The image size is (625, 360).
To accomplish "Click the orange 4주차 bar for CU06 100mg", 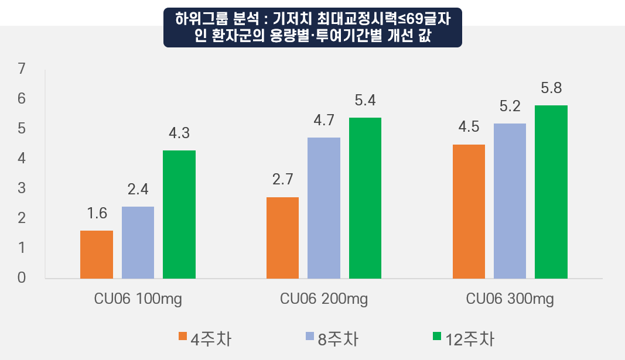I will pyautogui.click(x=96, y=255).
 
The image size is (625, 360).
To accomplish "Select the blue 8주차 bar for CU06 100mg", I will pyautogui.click(x=138, y=242).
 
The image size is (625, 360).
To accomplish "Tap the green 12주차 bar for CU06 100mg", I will pyautogui.click(x=179, y=214).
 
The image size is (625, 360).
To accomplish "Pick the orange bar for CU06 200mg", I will pyautogui.click(x=282, y=238).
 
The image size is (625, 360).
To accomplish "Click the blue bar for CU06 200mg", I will pyautogui.click(x=324, y=208).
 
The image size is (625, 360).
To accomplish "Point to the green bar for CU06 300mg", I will pyautogui.click(x=551, y=192).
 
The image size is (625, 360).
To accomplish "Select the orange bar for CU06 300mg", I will pyautogui.click(x=469, y=211).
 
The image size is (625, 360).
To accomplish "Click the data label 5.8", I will pyautogui.click(x=551, y=89).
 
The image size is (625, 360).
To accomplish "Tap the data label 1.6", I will pyautogui.click(x=97, y=214).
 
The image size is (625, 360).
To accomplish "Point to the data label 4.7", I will pyautogui.click(x=324, y=121).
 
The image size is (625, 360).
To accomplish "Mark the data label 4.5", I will pyautogui.click(x=469, y=127).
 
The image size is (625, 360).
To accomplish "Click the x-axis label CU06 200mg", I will pyautogui.click(x=324, y=299).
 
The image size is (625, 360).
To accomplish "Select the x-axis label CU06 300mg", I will pyautogui.click(x=510, y=299).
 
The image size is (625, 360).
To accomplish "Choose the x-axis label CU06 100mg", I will pyautogui.click(x=138, y=299).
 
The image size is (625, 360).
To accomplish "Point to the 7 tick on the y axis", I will pyautogui.click(x=22, y=69).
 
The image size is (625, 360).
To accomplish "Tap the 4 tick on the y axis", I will pyautogui.click(x=22, y=158).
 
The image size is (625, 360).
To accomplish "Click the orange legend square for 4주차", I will pyautogui.click(x=183, y=337).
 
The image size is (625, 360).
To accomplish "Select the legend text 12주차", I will pyautogui.click(x=469, y=339).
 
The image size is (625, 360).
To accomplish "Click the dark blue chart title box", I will pyautogui.click(x=312, y=28).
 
